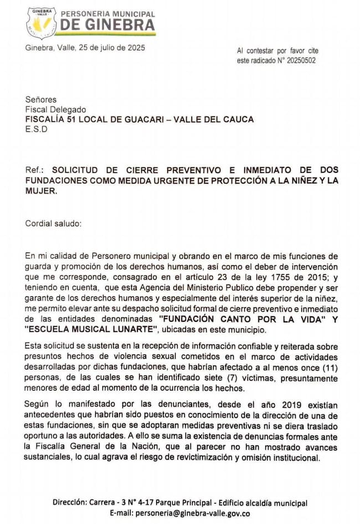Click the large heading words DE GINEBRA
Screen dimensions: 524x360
click(107, 25)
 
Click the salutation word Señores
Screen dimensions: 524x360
click(41, 100)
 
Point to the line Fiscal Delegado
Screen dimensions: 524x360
click(55, 110)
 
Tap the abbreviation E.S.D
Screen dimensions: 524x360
click(37, 130)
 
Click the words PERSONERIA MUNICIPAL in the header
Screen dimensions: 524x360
click(107, 13)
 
